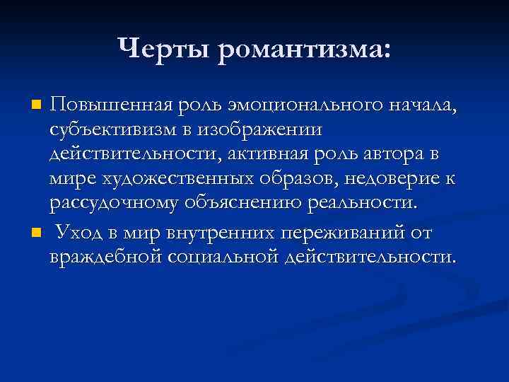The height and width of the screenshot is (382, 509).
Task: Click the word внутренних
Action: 218,232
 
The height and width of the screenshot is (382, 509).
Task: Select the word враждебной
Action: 107,256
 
